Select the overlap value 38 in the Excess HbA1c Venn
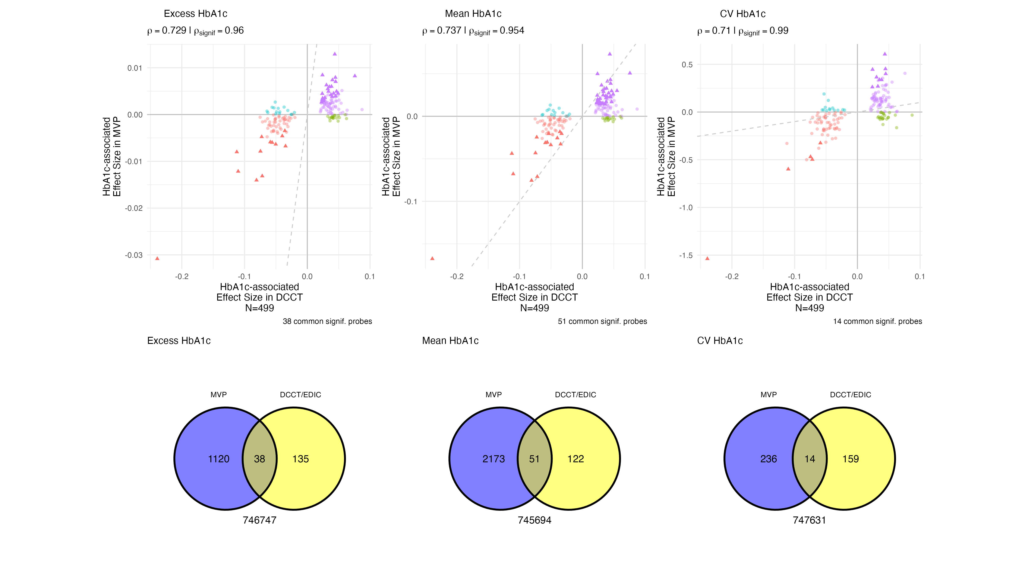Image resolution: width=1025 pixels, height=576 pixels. [259, 459]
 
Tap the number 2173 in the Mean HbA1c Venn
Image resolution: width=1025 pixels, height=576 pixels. [493, 459]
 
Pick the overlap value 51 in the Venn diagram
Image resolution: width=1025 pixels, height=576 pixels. [534, 459]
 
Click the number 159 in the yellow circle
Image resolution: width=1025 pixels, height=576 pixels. [850, 459]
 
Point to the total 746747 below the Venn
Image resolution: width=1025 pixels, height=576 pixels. [259, 520]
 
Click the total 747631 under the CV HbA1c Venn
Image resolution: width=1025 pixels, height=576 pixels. [809, 520]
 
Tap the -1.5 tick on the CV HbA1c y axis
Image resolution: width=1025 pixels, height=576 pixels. [686, 255]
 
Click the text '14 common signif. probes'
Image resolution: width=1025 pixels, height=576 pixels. [877, 321]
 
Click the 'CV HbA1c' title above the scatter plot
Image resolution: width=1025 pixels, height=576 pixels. [742, 14]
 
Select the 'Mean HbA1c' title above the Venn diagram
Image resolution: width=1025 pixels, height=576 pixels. [450, 341]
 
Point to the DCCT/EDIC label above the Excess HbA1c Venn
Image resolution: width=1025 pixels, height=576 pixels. [300, 395]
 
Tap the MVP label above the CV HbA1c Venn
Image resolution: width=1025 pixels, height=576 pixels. [768, 395]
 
